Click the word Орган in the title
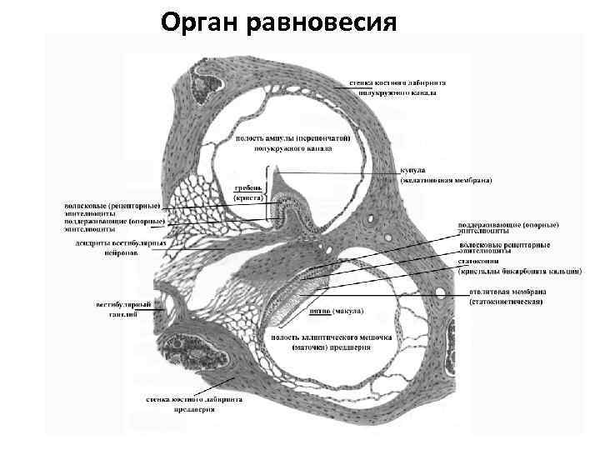coord(200,21)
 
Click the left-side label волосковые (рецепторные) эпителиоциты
coord(116,207)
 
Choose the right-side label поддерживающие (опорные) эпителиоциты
coord(508,229)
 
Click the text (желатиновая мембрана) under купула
coord(446,180)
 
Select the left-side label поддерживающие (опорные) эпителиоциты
coord(116,226)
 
